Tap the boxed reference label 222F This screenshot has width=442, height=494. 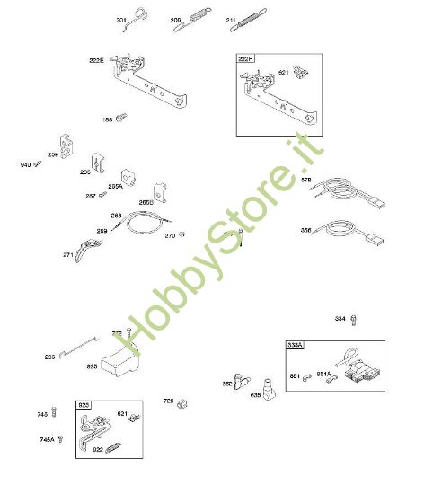click(245, 59)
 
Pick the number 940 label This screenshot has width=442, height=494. click(25, 165)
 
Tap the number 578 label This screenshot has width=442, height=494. click(305, 181)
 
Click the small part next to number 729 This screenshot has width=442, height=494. click(182, 401)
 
